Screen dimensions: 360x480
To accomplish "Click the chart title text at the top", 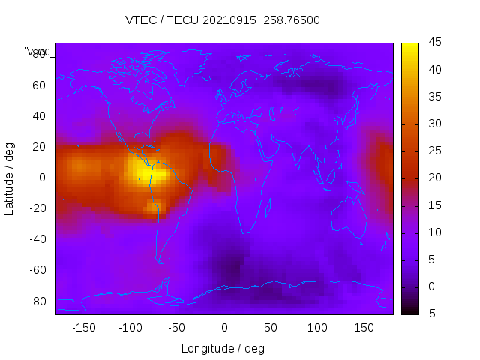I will pos(223,20).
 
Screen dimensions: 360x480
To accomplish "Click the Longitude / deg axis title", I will pos(223,348).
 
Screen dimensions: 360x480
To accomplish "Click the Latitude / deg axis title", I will pos(10,178).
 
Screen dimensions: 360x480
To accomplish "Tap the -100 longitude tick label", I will pos(130,327).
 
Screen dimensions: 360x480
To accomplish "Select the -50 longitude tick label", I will pos(177,327).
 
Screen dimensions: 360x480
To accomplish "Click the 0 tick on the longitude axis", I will pos(224,327).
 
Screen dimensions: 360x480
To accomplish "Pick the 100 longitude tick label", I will pos(317,327).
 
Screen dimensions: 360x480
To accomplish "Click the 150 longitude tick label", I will pos(364,327).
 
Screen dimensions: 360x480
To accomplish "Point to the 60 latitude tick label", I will pos(39,85).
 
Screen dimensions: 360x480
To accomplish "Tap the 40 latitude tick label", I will pos(39,115).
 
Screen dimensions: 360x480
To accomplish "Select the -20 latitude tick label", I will pos(37,208).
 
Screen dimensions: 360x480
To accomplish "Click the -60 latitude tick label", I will pos(37,270).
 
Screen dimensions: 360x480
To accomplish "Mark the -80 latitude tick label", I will pos(37,301).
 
